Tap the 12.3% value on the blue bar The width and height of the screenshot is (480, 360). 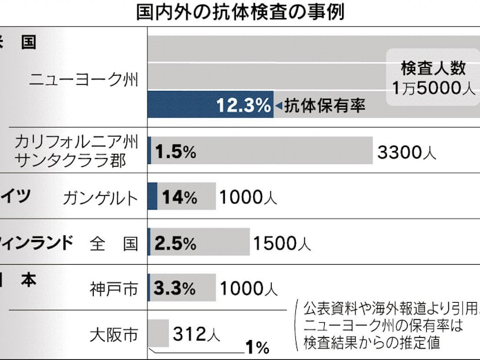[243, 106]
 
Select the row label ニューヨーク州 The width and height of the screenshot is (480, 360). [83, 79]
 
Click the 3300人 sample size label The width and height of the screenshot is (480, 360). [406, 152]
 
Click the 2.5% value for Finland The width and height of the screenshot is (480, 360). [175, 243]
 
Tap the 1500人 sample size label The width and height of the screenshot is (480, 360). [282, 243]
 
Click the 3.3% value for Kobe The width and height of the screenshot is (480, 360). [175, 288]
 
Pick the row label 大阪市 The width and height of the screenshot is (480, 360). [114, 335]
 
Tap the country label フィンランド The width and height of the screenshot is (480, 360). [34, 242]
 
